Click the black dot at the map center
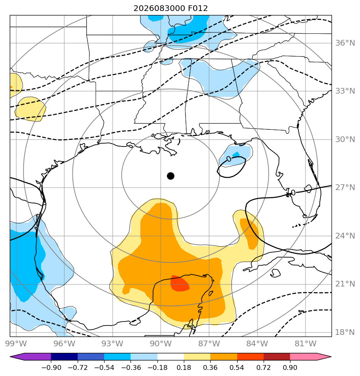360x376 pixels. pos(170,176)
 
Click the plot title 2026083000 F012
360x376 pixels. pos(170,9)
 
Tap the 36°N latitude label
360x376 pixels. pos(345,43)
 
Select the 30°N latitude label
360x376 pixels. pos(345,139)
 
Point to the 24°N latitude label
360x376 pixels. pos(345,236)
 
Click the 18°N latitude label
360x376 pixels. pos(345,332)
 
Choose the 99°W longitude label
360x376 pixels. pos(16,343)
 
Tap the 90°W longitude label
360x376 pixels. pos(161,343)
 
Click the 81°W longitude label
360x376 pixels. pos(305,343)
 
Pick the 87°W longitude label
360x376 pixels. pos(209,343)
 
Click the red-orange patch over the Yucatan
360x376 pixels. pos(179,284)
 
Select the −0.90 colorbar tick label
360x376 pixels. pos(51,367)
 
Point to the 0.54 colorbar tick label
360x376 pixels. pos(237,367)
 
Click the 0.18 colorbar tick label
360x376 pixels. pos(184,367)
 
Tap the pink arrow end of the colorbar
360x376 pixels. pos(311,356)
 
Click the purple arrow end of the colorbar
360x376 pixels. pos(31,356)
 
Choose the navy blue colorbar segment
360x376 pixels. pos(64,356)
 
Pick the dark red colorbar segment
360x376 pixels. pos(277,356)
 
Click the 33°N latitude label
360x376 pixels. pos(345,91)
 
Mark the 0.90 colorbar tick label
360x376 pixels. pos(290,367)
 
